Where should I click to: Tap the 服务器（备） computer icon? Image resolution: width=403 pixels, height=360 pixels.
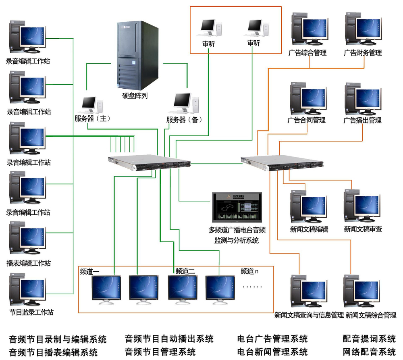pyautogui.click(x=186, y=104)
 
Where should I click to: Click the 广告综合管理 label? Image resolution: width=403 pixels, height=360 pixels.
pyautogui.click(x=307, y=53)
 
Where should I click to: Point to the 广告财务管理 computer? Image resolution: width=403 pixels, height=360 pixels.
pyautogui.click(x=363, y=31)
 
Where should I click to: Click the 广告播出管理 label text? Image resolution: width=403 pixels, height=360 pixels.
pyautogui.click(x=362, y=120)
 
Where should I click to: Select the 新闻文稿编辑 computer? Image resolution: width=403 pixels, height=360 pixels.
pyautogui.click(x=308, y=207)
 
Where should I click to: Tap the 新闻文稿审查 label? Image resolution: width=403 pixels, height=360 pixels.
pyautogui.click(x=363, y=229)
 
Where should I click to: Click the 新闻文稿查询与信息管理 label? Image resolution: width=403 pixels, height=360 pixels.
pyautogui.click(x=309, y=315)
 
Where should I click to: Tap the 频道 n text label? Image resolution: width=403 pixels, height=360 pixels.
pyautogui.click(x=249, y=271)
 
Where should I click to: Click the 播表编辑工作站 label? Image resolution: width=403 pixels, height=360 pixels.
pyautogui.click(x=29, y=263)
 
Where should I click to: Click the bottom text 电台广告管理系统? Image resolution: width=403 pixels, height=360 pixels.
pyautogui.click(x=272, y=339)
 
